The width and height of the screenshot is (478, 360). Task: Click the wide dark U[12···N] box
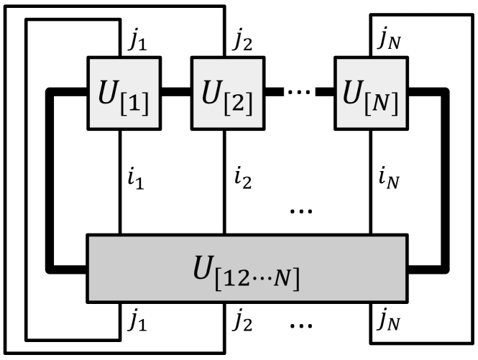[247, 268]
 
